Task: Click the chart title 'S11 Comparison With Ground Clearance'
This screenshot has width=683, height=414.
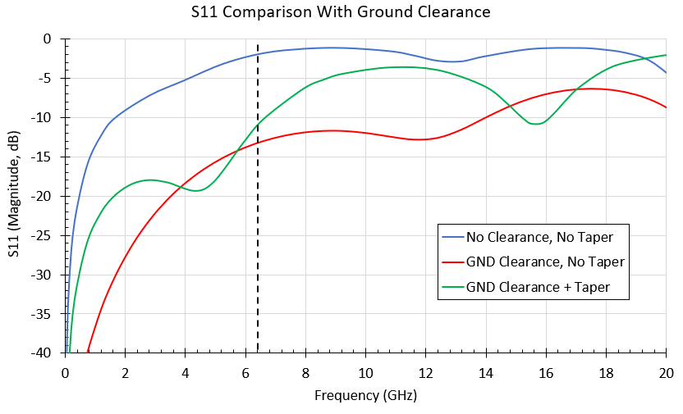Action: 341,12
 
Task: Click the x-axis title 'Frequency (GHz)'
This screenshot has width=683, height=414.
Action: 365,396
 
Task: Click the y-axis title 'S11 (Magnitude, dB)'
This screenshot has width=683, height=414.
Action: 14,196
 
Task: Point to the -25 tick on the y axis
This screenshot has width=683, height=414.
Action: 46,235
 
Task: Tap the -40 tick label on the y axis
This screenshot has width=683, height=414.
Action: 46,353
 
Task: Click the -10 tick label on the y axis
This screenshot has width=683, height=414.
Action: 46,117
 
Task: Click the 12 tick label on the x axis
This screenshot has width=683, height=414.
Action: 425,372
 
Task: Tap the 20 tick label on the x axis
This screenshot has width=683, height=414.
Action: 666,372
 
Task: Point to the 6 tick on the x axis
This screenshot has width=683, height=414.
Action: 245,372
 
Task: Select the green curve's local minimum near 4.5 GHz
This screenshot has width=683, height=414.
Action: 198,190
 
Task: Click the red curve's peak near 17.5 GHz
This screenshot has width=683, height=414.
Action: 589,89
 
